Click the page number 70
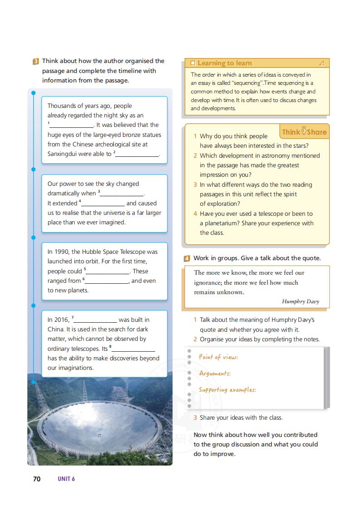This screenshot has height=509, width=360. [x=37, y=479]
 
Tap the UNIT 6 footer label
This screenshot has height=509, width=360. [x=66, y=479]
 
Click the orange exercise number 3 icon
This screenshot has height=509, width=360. [x=36, y=61]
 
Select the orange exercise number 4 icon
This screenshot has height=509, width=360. [x=187, y=258]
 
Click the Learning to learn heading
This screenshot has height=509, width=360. [x=224, y=63]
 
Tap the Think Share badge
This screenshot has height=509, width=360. [x=304, y=132]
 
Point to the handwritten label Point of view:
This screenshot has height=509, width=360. [x=218, y=357]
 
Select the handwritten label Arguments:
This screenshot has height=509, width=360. [x=215, y=373]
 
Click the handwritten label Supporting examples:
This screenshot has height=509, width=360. [x=227, y=390]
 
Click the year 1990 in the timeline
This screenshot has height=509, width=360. [x=62, y=252]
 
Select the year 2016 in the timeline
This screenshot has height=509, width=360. [x=62, y=320]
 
